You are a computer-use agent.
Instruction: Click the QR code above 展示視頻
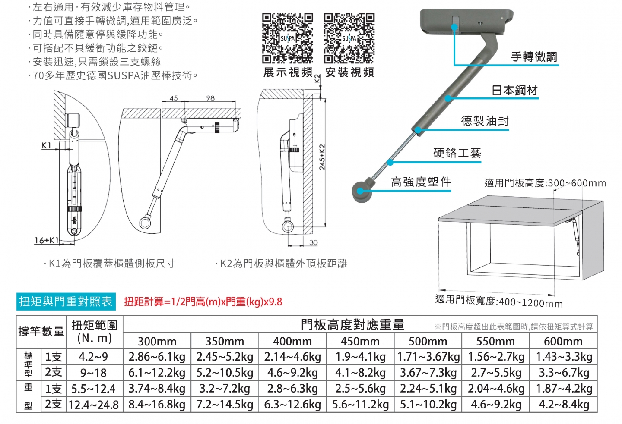pos(287,38)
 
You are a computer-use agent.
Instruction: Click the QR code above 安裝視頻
pos(349,38)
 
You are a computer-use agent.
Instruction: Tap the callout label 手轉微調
pos(534,57)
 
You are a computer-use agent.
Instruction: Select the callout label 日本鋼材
pos(514,91)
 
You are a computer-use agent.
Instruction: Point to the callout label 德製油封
pos(485,121)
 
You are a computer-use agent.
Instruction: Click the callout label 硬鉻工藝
pos(457,153)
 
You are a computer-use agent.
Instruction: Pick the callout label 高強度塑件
pos(421,182)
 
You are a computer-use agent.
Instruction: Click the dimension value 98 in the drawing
pos(210,98)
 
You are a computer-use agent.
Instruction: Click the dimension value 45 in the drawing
pos(173,98)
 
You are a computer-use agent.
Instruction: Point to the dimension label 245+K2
pos(322,157)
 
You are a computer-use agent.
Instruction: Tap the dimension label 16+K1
pos(46,240)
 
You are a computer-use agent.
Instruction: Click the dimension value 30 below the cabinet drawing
pos(313,243)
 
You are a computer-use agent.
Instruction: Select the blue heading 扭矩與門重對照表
pos(66,302)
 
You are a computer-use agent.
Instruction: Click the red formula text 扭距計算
pos(203,302)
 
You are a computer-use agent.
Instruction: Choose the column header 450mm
pos(360,342)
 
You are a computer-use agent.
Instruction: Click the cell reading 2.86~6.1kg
pos(157,357)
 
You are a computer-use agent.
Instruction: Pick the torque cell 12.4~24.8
pos(94,405)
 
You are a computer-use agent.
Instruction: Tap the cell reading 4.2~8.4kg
pos(563,405)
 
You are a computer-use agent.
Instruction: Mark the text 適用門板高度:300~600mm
pos(545,183)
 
